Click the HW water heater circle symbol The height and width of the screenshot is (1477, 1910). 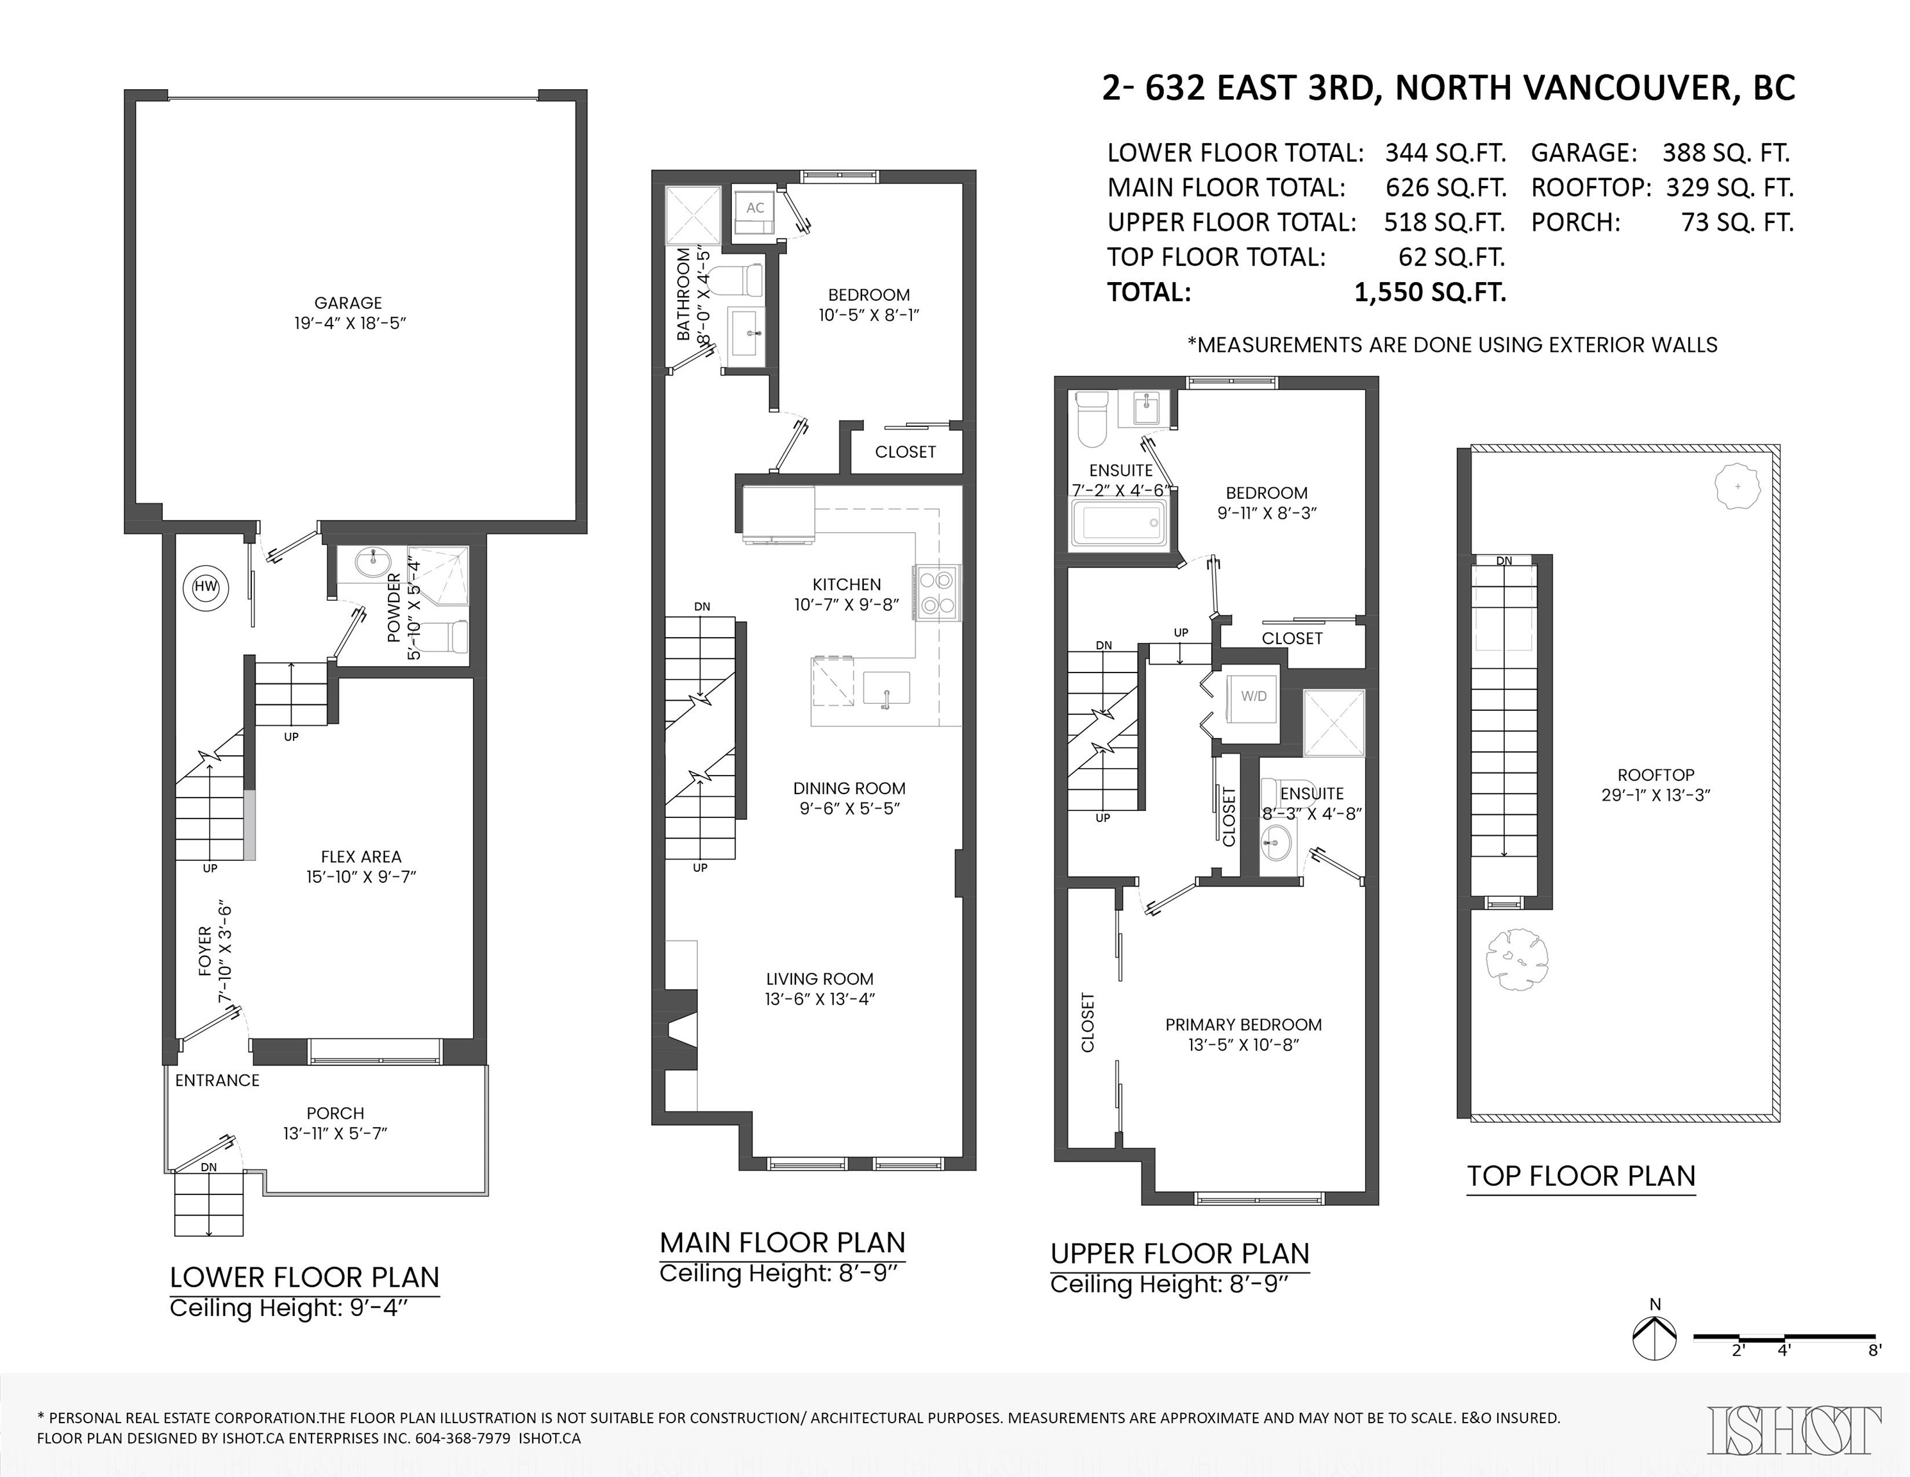[206, 587]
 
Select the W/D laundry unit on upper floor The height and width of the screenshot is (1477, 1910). [1253, 696]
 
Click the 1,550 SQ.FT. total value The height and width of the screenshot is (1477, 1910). [1430, 292]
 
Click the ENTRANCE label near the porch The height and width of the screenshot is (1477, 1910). [217, 1080]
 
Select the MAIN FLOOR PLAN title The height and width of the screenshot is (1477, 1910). [782, 1242]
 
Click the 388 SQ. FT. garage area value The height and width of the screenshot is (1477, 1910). [1726, 153]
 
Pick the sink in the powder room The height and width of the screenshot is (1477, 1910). [378, 562]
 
